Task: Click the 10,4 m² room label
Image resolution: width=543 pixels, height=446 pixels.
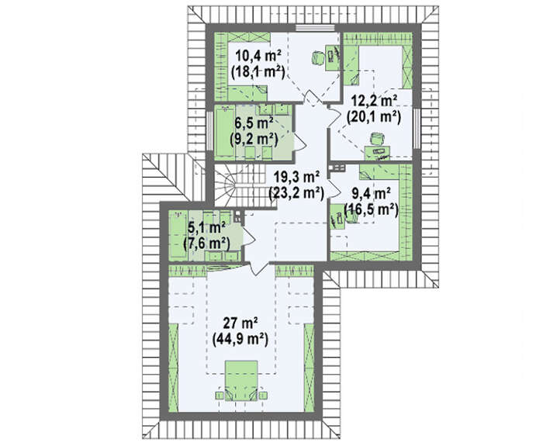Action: coord(258,55)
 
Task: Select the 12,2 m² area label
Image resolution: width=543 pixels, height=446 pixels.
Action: coord(374,101)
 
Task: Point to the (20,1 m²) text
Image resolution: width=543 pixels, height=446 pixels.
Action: coord(374,117)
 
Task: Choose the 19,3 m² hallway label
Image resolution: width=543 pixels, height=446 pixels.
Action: coord(296,177)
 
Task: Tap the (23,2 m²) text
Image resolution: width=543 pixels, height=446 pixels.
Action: coord(296,193)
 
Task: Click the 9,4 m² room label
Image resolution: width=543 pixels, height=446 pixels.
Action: coord(372,194)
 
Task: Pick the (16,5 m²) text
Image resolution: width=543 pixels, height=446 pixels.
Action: coord(371,209)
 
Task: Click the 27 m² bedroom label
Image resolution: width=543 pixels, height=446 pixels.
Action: coord(240,323)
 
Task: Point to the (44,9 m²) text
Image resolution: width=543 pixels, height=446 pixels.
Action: coord(240,340)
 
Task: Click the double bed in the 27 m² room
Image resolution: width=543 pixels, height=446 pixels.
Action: coord(241,381)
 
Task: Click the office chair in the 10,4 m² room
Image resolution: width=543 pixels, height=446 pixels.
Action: coord(317,57)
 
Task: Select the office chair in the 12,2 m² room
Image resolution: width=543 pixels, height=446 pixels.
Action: coord(377,139)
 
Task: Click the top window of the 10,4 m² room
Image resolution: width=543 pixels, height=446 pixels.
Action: coord(315,29)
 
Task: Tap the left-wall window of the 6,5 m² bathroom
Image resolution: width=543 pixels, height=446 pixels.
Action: coord(210,131)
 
